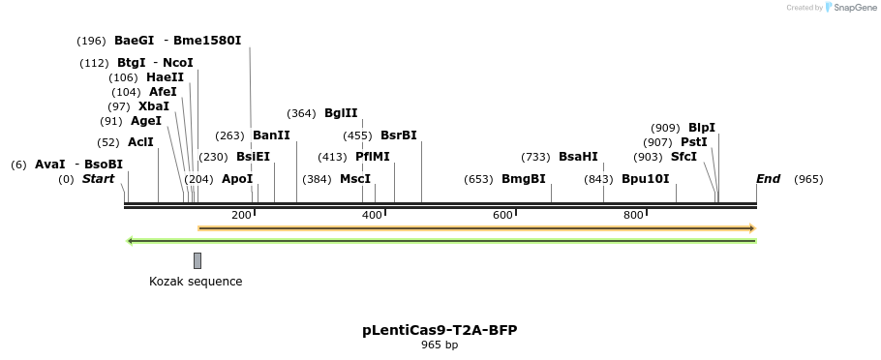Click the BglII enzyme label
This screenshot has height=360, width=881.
[341, 113]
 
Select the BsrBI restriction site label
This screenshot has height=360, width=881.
[399, 135]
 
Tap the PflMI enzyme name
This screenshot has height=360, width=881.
[373, 156]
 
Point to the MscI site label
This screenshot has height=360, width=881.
[355, 179]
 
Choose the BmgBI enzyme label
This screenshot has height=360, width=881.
[524, 179]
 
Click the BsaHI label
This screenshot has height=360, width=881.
[578, 157]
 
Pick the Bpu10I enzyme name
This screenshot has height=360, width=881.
[645, 179]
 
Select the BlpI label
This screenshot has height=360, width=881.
[702, 128]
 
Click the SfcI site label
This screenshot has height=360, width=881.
[684, 157]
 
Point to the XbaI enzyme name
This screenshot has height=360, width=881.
[154, 106]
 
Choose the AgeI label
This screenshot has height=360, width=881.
[146, 121]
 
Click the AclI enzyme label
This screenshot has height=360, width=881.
[141, 142]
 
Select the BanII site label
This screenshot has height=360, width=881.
[271, 135]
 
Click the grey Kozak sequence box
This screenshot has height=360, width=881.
[197, 260]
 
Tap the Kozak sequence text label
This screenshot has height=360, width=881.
[196, 282]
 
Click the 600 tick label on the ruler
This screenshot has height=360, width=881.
[502, 215]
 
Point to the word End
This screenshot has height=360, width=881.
[768, 179]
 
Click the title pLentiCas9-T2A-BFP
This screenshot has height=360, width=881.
[440, 330]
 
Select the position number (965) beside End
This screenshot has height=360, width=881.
[808, 179]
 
